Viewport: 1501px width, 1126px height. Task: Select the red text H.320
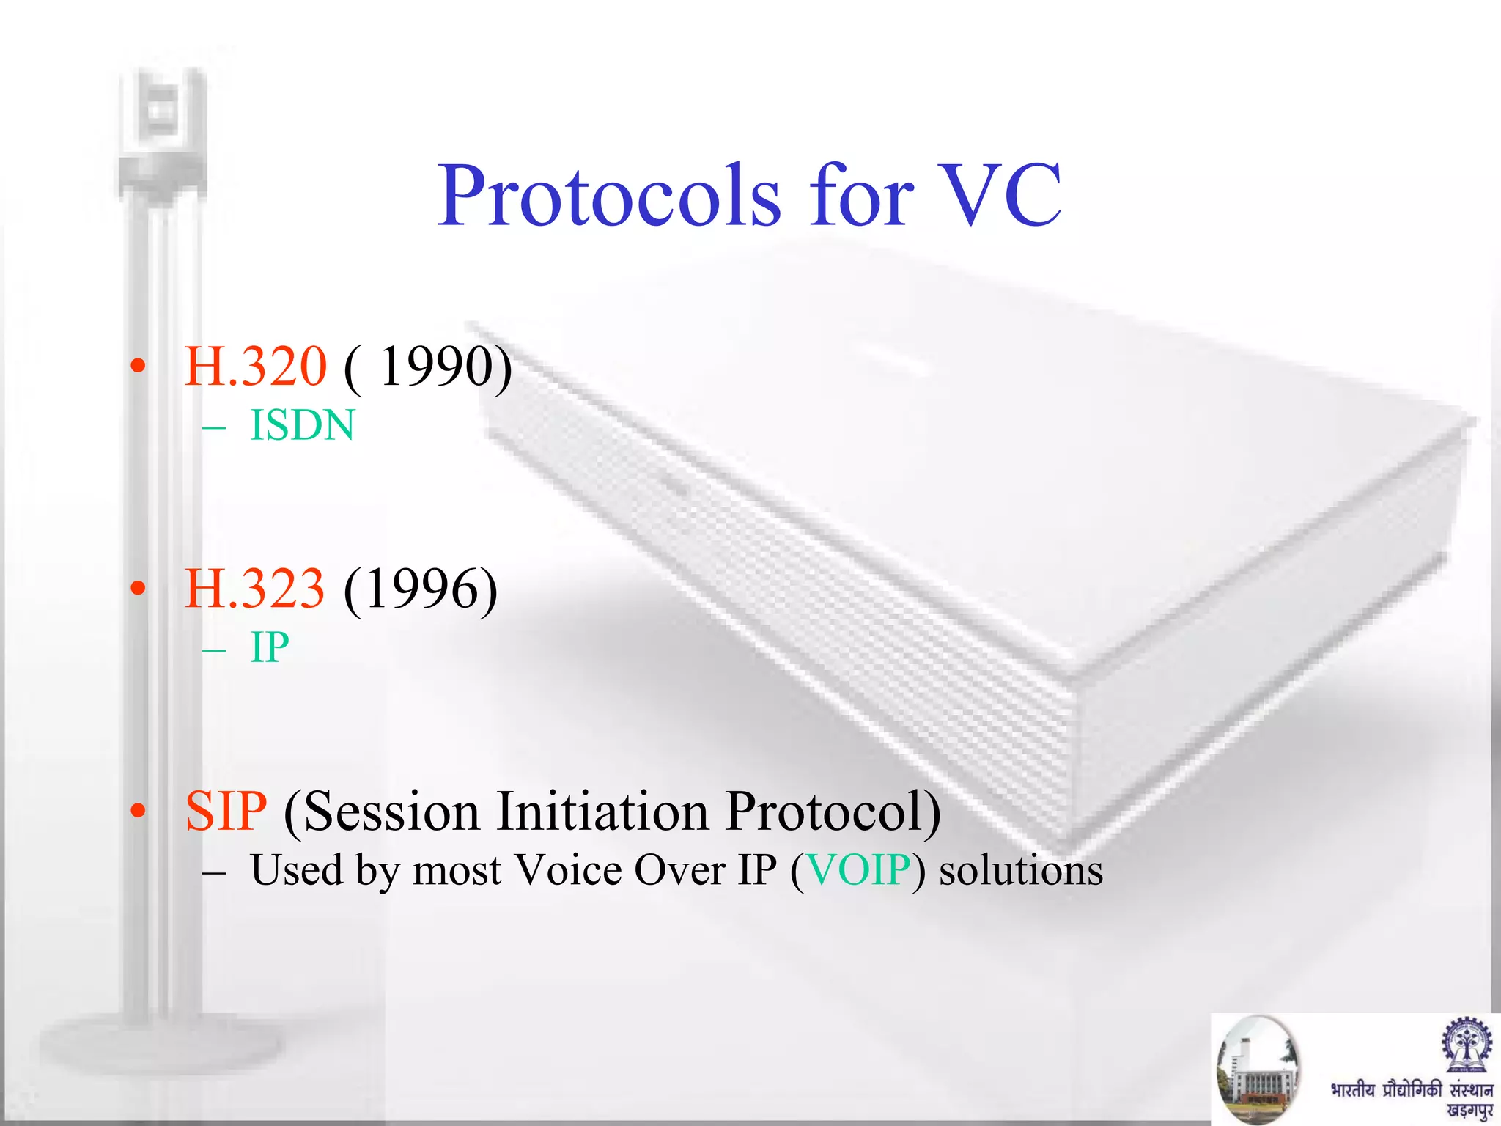point(255,367)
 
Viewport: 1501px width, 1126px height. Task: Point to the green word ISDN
point(302,426)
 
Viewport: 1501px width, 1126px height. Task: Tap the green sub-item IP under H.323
point(269,648)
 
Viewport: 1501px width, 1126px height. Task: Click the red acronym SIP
point(226,812)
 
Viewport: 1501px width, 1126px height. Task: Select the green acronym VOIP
point(858,871)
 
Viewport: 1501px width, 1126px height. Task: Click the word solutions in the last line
point(1020,871)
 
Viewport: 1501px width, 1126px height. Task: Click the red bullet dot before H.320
point(138,367)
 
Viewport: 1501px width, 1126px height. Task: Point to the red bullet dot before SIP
point(138,811)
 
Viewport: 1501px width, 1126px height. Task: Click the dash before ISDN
point(213,427)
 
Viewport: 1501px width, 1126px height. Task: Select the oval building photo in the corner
point(1258,1069)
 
